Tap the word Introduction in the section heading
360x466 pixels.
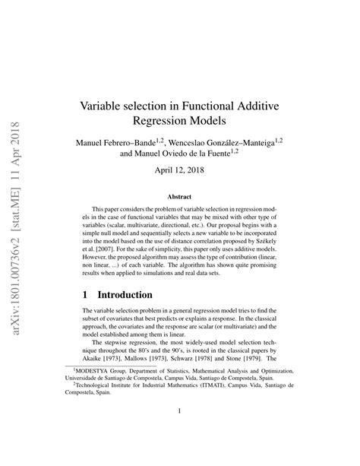pos(125,294)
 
